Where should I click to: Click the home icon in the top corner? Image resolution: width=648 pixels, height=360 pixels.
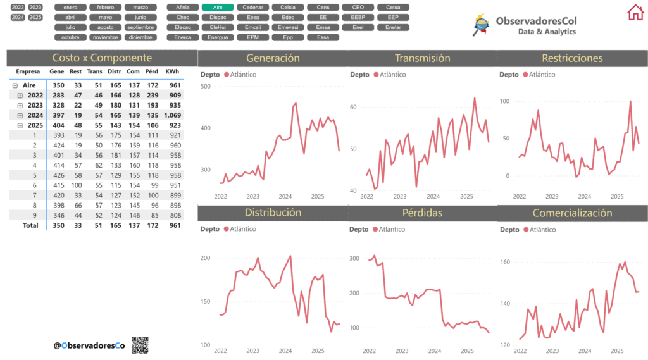click(635, 12)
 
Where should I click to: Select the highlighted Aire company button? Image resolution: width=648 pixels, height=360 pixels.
click(218, 7)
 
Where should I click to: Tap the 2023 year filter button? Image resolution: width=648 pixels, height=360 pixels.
click(35, 7)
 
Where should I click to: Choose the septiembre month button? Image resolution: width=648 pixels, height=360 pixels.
click(140, 27)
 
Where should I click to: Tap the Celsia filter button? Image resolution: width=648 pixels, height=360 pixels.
click(287, 7)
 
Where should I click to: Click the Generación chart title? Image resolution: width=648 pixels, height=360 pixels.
click(273, 58)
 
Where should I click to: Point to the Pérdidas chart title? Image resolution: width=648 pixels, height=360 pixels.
click(422, 213)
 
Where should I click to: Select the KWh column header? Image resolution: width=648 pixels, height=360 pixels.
click(172, 71)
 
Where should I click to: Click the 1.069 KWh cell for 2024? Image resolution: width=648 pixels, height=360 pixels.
click(172, 115)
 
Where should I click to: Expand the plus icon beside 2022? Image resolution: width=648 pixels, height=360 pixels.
click(20, 95)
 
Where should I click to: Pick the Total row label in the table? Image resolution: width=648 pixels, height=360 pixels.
click(30, 225)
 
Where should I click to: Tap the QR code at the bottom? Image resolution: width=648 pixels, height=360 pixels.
click(140, 345)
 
